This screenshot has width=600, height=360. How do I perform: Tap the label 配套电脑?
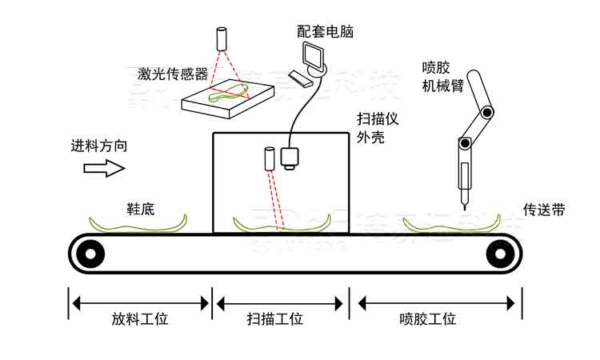(x=325, y=32)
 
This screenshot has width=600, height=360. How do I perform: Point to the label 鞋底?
(x=140, y=209)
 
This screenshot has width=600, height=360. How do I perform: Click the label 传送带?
(x=544, y=210)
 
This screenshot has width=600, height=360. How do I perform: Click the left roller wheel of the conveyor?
(x=90, y=255)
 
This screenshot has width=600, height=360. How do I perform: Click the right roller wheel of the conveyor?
(x=499, y=255)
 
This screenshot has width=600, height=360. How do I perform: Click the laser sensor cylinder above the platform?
(x=221, y=39)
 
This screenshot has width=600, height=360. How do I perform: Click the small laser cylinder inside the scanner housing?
(x=268, y=158)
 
